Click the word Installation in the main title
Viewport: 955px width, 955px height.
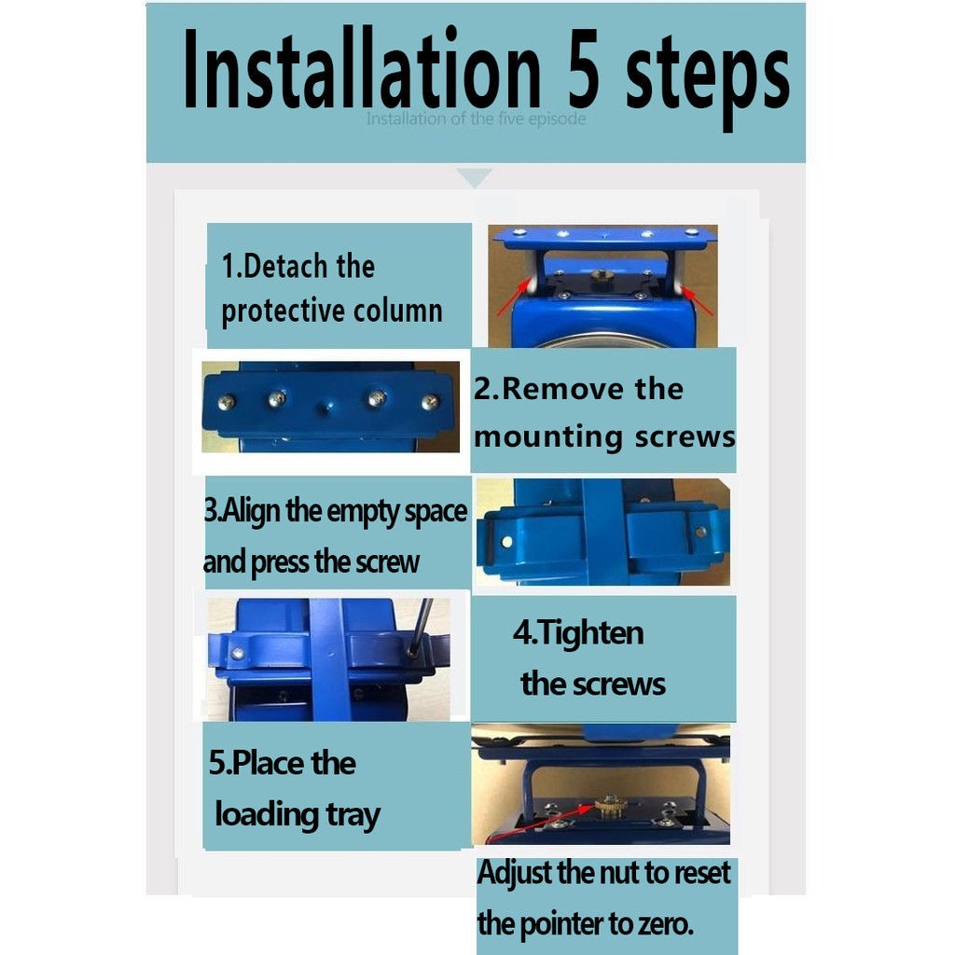point(362,68)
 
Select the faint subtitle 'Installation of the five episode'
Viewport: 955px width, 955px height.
point(476,118)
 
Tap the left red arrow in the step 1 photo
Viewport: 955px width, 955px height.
point(514,298)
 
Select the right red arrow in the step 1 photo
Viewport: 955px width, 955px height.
point(698,301)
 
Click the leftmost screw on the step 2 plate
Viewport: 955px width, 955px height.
point(226,403)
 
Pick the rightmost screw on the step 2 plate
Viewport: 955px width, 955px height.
point(430,401)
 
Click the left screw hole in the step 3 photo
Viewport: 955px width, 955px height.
point(506,541)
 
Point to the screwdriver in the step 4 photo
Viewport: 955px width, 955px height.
point(420,628)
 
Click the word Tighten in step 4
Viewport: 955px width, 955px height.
point(590,632)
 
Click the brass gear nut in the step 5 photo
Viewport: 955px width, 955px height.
point(610,805)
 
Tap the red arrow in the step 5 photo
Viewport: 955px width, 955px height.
point(540,823)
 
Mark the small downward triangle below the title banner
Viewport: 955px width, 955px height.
point(475,176)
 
